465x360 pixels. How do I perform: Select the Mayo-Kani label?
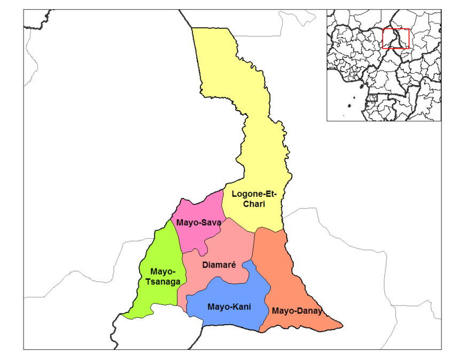point(229,307)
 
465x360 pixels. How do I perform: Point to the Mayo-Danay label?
point(297,311)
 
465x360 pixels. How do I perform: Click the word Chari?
point(253,204)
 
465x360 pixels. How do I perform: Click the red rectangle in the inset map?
point(396,39)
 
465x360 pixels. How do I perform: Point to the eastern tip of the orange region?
point(342,325)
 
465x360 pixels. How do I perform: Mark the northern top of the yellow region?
point(211,29)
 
